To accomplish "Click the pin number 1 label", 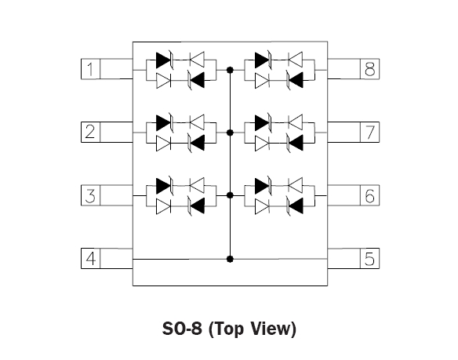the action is pos(90,69).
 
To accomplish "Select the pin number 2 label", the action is pos(90,132).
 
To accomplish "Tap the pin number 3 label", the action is pos(90,195).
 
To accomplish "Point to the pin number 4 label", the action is pos(90,258).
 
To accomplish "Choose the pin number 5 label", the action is pos(369,259).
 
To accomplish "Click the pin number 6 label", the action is pos(370,195).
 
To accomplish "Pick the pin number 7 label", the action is pos(370,132).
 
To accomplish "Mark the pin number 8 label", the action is pos(370,69).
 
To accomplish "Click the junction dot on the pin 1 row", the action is pos(230,70).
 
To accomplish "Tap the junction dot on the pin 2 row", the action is pos(230,133).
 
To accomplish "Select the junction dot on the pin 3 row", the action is pos(230,195).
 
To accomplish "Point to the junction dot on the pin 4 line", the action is pos(230,259).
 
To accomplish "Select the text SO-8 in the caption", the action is pos(182,329).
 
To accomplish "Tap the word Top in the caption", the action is pos(227,329).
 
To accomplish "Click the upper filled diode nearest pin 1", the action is pos(164,60).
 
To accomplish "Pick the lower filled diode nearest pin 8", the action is pos(295,80).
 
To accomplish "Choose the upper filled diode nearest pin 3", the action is pos(164,186).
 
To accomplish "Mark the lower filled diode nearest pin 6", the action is pos(295,205).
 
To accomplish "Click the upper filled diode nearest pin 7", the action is pos(262,122).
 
